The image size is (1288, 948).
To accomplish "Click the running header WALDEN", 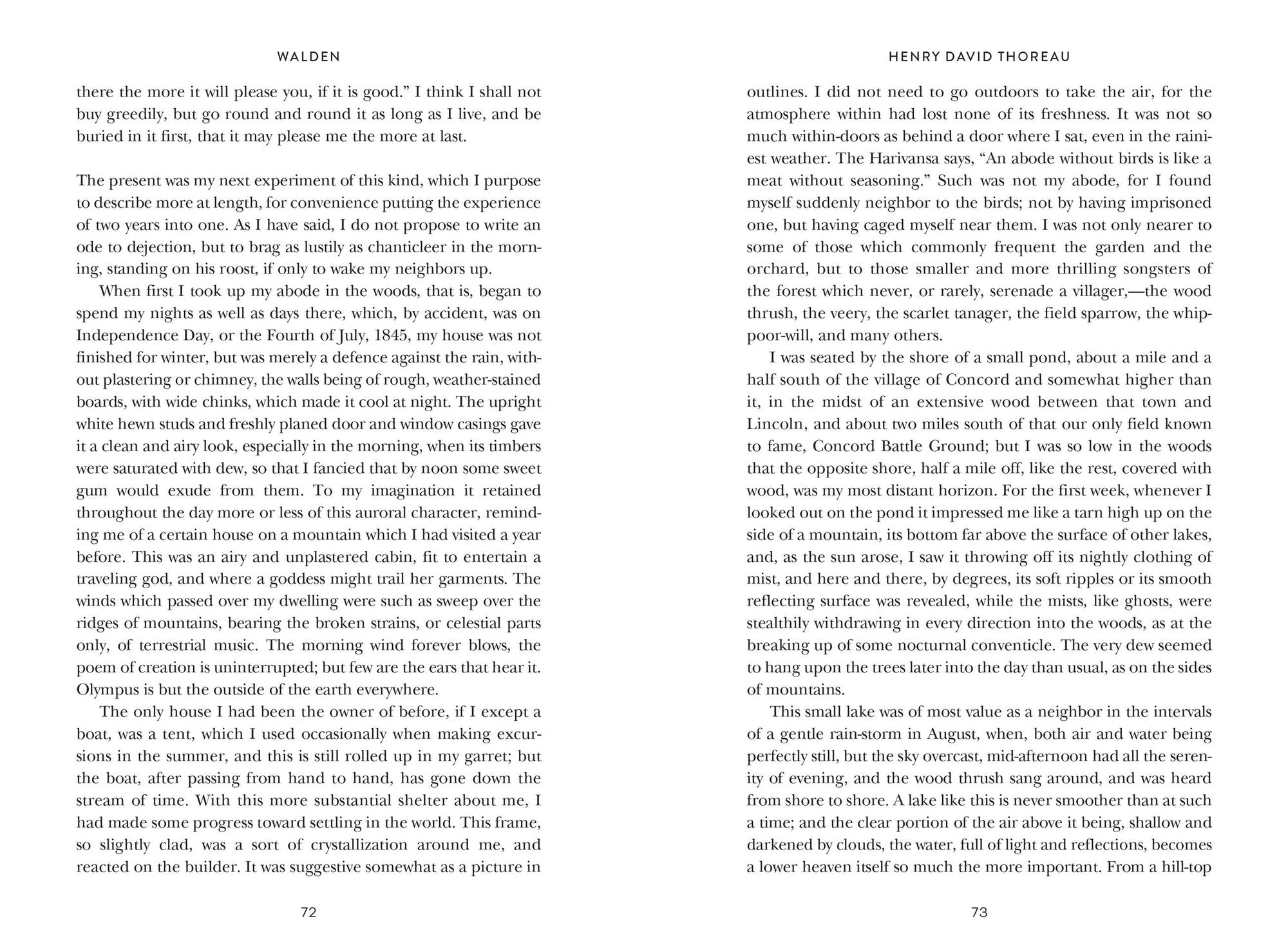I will click(308, 57).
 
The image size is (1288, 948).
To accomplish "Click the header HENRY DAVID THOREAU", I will click(979, 57).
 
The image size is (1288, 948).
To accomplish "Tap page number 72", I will click(308, 912).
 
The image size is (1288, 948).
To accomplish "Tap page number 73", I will click(979, 912).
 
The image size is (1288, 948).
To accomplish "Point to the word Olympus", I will click(104, 689).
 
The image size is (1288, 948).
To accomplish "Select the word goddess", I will click(287, 579).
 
